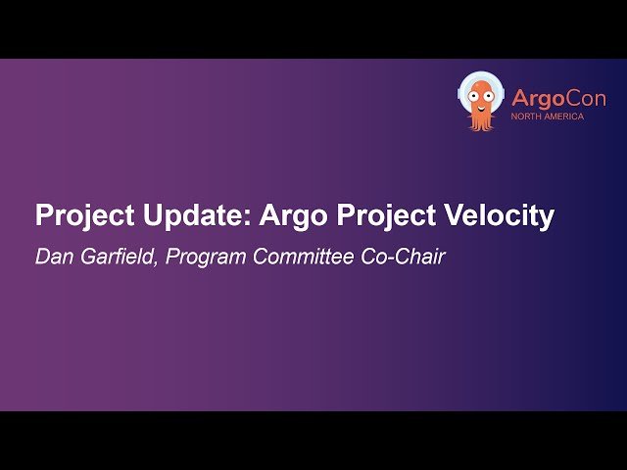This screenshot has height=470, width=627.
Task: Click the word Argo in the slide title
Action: [x=293, y=216]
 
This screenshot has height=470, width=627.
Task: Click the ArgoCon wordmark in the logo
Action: [x=557, y=99]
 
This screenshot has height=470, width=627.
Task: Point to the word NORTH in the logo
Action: [x=526, y=117]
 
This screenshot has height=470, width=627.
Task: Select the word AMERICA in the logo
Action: [x=567, y=117]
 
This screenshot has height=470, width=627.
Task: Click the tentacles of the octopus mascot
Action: [x=480, y=122]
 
